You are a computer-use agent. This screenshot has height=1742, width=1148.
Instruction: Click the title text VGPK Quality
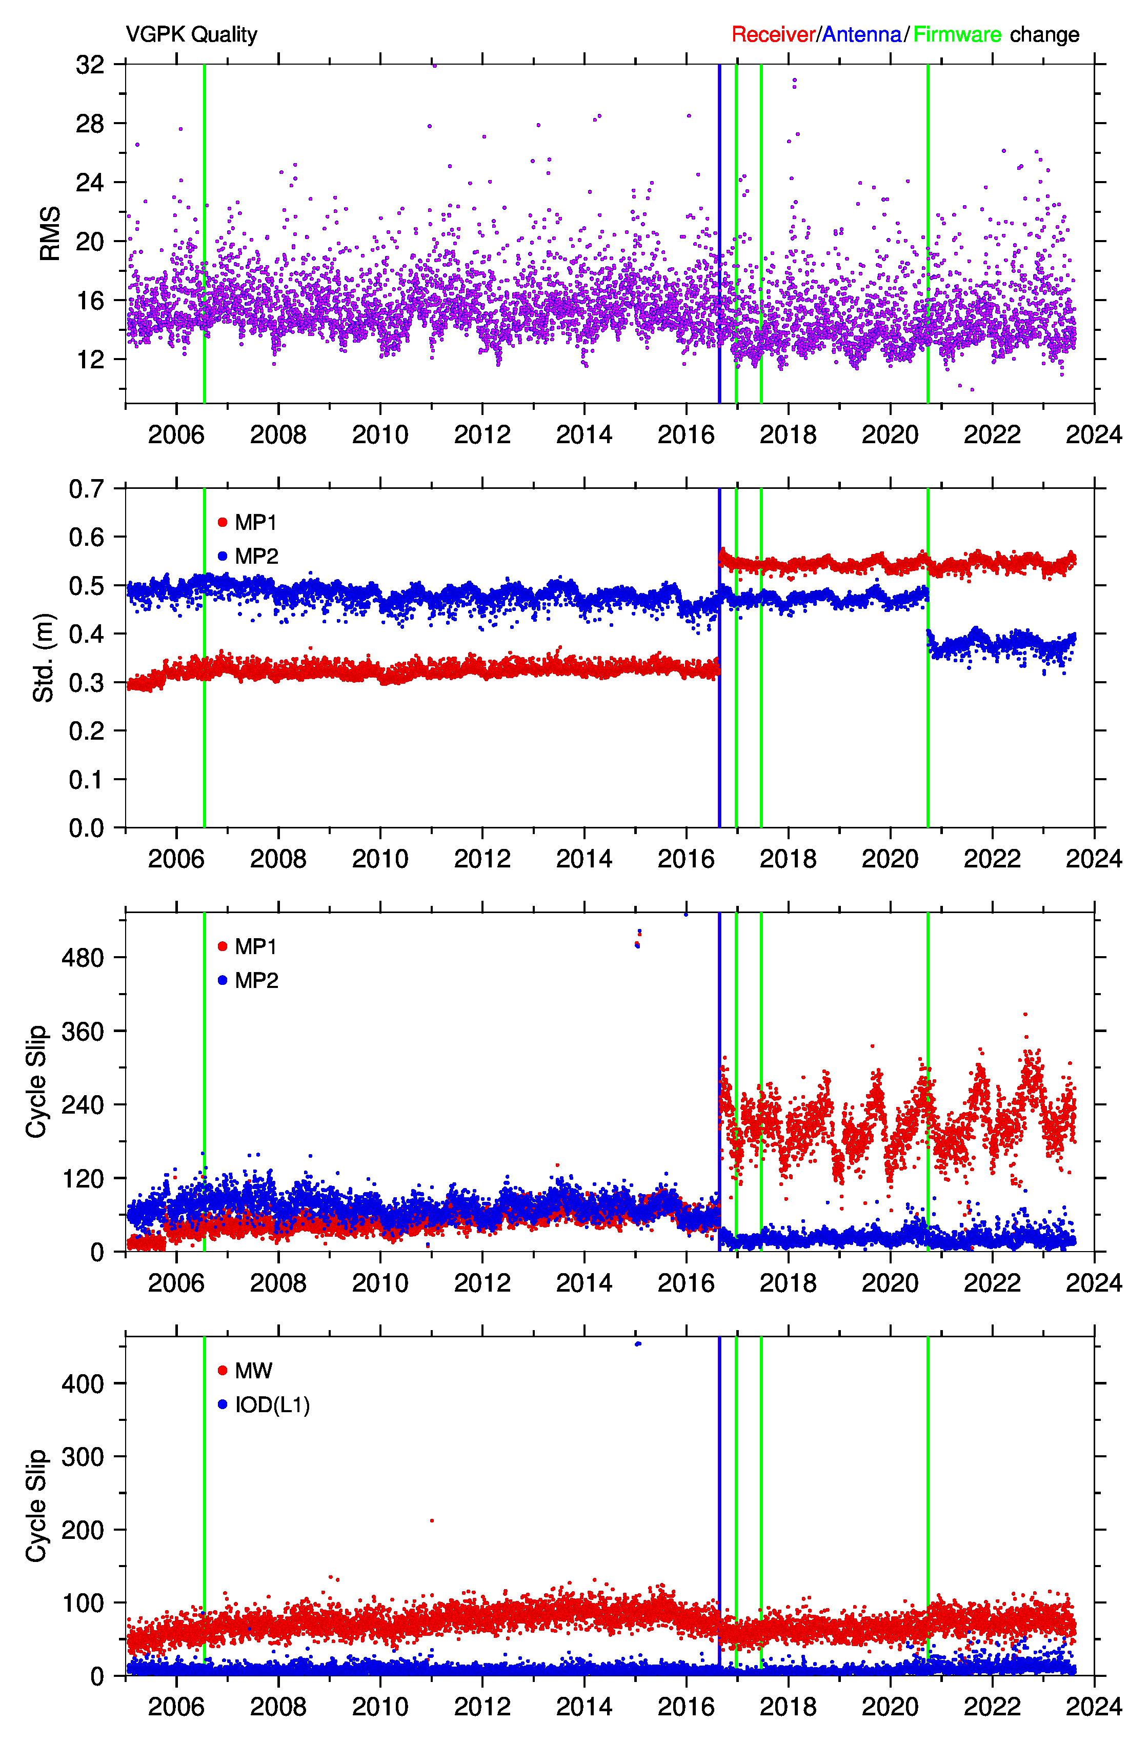pyautogui.click(x=191, y=34)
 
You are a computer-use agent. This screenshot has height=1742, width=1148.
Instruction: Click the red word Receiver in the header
pyautogui.click(x=773, y=34)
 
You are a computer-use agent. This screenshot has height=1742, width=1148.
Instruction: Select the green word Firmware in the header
pyautogui.click(x=957, y=34)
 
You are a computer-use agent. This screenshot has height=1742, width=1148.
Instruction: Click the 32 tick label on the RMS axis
pyautogui.click(x=90, y=65)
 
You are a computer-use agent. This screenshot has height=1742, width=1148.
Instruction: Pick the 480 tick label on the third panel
pyautogui.click(x=83, y=957)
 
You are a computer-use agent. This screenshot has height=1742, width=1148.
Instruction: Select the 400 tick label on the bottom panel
pyautogui.click(x=83, y=1384)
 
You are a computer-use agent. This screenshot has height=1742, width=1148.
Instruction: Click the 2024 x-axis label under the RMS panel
pyautogui.click(x=1094, y=435)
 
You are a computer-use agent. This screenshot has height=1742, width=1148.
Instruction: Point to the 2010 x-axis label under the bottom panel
pyautogui.click(x=380, y=1706)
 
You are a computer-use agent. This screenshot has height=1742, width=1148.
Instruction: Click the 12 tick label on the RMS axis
pyautogui.click(x=90, y=360)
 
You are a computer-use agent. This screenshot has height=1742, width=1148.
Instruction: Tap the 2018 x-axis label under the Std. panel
pyautogui.click(x=788, y=859)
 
